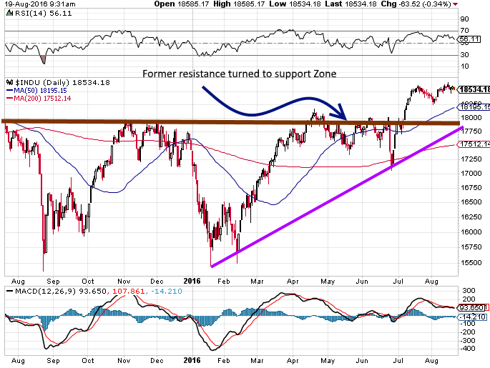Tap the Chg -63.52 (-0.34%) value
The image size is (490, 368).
coord(451,4)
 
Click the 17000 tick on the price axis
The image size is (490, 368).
coord(469,172)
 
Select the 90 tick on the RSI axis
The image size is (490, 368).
coord(465,19)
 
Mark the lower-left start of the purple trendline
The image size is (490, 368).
coord(212,267)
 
